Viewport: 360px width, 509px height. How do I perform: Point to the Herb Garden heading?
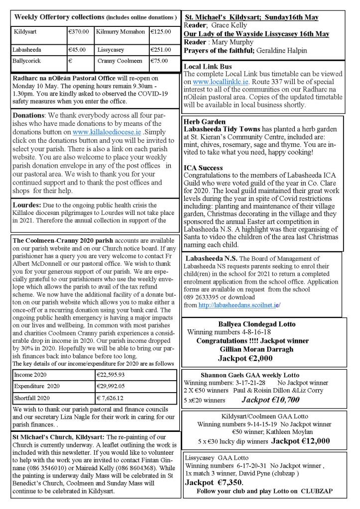coord(204,121)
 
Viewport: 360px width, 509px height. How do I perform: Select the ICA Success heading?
coord(203,168)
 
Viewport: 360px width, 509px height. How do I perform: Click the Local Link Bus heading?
coord(208,66)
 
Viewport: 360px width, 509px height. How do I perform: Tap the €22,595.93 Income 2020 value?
coord(118,374)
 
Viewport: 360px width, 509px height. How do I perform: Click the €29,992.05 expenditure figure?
coord(118,386)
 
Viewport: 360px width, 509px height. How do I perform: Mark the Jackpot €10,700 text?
coord(270,399)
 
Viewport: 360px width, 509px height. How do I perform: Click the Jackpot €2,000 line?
coord(253,357)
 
